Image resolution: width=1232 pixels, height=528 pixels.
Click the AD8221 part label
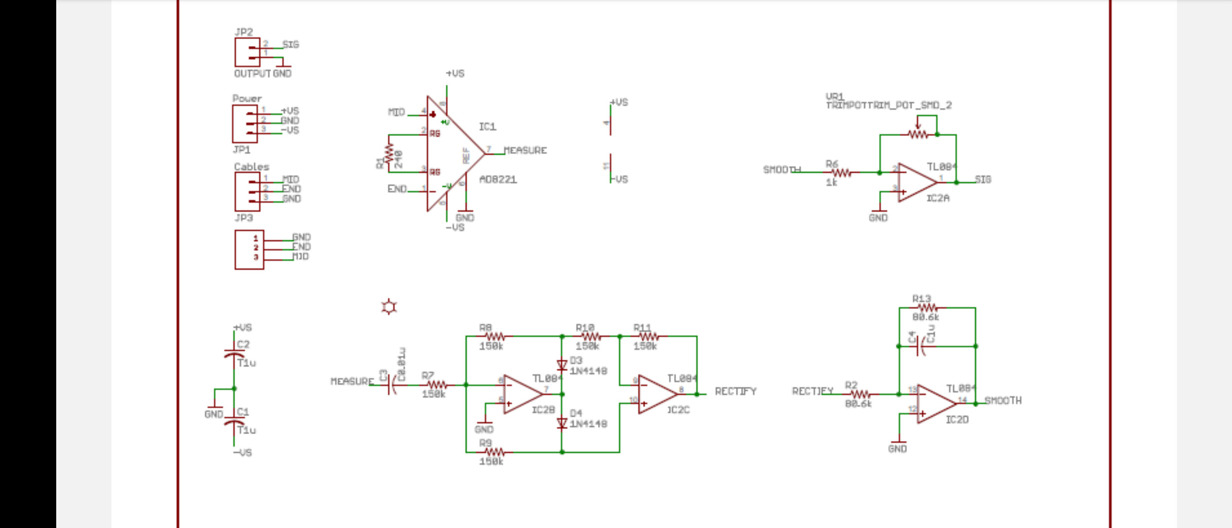pos(498,179)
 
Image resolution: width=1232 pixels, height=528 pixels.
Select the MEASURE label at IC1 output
pos(525,150)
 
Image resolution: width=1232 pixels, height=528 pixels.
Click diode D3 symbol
pos(562,365)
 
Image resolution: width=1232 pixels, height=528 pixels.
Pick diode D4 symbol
pos(562,423)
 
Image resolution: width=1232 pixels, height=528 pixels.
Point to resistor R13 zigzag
pos(927,308)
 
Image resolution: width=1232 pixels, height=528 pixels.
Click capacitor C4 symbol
pos(921,346)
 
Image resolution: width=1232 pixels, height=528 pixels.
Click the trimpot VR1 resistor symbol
pos(918,134)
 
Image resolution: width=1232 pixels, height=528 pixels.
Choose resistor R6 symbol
pos(841,173)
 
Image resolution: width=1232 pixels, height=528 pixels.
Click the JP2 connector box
pos(247,52)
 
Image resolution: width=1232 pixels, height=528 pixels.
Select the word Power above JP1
pos(247,98)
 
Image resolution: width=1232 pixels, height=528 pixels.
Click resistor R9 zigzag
pos(494,452)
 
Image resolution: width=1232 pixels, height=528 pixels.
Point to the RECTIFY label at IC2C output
pos(735,391)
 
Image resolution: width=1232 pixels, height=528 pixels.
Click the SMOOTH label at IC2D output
pos(1003,400)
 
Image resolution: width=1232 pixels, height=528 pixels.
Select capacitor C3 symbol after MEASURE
pos(392,386)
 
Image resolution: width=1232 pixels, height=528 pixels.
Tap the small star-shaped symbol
pos(389,307)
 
